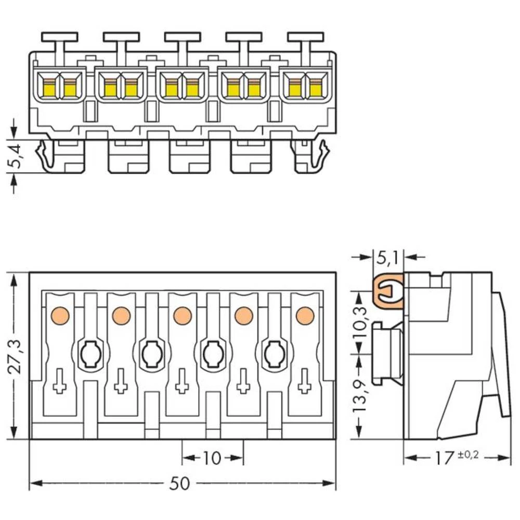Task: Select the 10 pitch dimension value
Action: point(212,458)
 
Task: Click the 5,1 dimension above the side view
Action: point(388,256)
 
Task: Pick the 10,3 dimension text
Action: point(360,322)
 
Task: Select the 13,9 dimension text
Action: point(360,396)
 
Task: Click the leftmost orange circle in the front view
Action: point(60,315)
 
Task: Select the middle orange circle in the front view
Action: point(182,315)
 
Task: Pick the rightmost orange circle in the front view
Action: point(305,315)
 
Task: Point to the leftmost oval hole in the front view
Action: point(89,354)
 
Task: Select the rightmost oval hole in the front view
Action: point(274,354)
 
